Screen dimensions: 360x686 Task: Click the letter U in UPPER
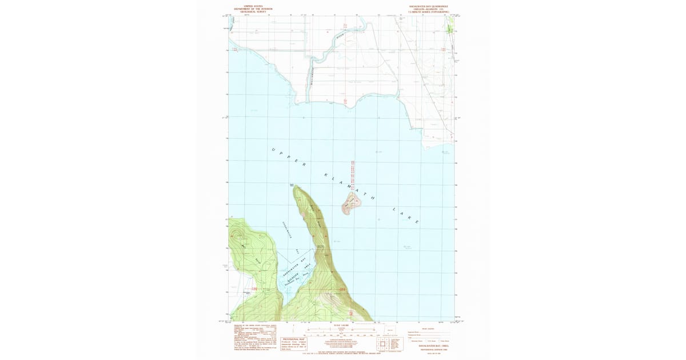tap(273, 150)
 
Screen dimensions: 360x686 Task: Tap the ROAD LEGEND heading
tap(429, 328)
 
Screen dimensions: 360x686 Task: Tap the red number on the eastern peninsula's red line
tap(342, 290)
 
